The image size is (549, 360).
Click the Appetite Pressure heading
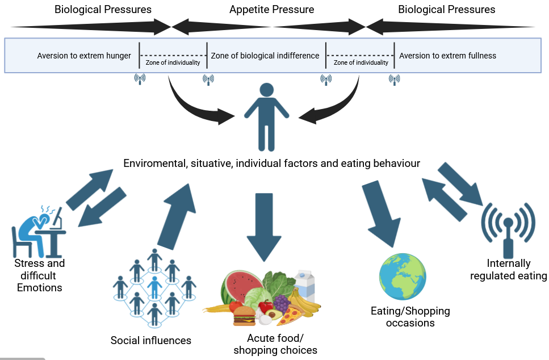coord(271,10)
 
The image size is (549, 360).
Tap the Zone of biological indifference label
coord(265,56)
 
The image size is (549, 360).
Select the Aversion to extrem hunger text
coord(84,56)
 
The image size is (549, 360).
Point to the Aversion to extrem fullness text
coord(447,56)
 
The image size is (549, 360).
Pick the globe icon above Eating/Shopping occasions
coord(402,278)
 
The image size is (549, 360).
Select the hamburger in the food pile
coord(245,315)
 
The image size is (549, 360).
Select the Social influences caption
coord(151,341)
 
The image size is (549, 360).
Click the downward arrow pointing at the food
coord(264,224)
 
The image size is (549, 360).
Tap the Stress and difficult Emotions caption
coord(40,275)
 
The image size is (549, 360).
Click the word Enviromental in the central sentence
coord(154,164)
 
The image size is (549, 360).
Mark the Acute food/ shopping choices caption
coord(275,344)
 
